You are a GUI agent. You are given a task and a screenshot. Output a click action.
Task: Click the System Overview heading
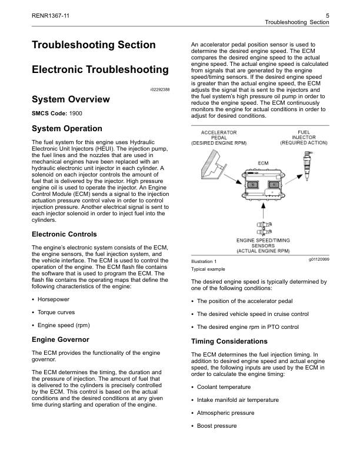pos(70,99)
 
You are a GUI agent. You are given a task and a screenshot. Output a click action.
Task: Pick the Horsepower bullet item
pos(54,299)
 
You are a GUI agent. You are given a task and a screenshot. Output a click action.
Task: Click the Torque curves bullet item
pos(56,312)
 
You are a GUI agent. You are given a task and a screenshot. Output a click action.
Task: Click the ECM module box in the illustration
pos(263,184)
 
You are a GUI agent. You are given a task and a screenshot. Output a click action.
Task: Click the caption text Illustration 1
pos(205,261)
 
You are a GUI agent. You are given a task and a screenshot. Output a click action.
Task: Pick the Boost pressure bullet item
pos(216,426)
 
